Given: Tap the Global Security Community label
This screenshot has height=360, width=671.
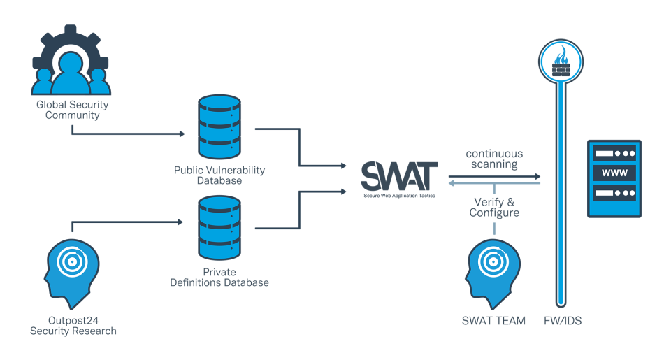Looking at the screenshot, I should point(73,110).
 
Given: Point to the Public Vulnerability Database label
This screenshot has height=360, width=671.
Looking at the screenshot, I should point(219,175).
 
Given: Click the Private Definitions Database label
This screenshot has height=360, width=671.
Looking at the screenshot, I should point(219,277).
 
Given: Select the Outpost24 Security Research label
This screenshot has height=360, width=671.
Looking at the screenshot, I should point(73,326).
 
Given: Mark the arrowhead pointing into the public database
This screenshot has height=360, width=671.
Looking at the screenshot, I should point(181,133).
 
